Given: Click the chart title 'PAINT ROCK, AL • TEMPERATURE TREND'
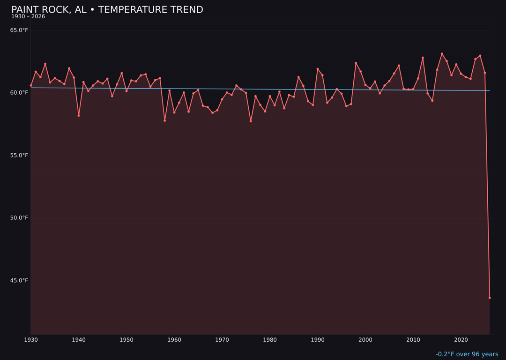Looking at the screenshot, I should pos(107,10).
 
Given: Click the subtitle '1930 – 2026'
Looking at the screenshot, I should pos(28,17).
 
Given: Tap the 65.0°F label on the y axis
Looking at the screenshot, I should pos(19,30).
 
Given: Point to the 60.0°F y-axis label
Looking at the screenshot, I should pos(19,93).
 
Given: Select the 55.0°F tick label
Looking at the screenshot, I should pos(19,156).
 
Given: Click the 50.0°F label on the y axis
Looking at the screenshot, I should pos(19,218).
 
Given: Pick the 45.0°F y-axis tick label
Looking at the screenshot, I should pos(19,281).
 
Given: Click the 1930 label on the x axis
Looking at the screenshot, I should pos(31,340).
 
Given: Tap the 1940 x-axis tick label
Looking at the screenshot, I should pos(79,340).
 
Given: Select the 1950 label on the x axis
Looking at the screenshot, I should pos(126,340).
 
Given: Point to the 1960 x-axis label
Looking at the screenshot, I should pos(174,340).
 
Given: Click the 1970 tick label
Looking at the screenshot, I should pos(222,340).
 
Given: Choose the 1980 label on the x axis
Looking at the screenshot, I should pos(270,340).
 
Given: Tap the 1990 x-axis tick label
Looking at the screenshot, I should pos(318,340).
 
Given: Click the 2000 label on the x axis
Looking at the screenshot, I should pos(365,340).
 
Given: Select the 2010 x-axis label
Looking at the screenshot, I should pos(413,340).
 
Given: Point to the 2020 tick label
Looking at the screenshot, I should pos(461,340).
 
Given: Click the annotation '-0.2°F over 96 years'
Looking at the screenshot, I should pos(467,354).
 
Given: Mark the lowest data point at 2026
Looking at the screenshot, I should pos(490,298).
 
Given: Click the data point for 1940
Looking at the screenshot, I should pos(79,115).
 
